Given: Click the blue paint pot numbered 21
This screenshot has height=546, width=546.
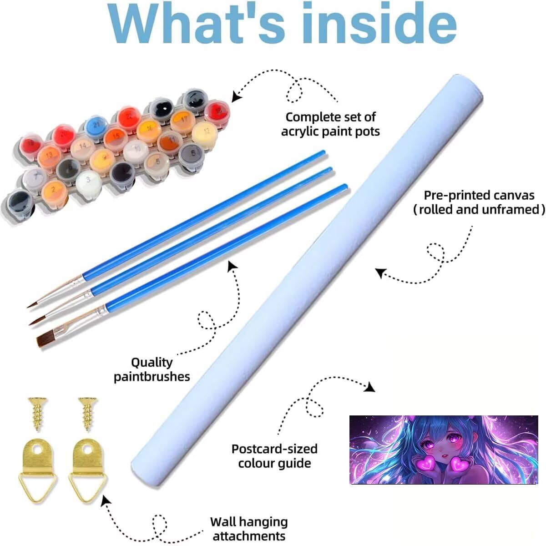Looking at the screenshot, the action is click(96, 126).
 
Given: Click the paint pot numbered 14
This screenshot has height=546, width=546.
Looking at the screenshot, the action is click(83, 148).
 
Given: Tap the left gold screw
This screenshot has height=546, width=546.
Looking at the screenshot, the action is click(37, 414).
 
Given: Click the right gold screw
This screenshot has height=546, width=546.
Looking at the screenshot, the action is click(88, 414).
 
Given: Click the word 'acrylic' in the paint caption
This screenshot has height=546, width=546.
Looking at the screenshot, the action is click(306, 132).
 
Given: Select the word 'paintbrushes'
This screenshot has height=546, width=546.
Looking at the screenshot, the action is click(152, 377).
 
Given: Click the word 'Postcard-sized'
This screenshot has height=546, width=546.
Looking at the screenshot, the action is click(274, 449).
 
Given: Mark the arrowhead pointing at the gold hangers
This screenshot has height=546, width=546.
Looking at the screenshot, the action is click(106, 500).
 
